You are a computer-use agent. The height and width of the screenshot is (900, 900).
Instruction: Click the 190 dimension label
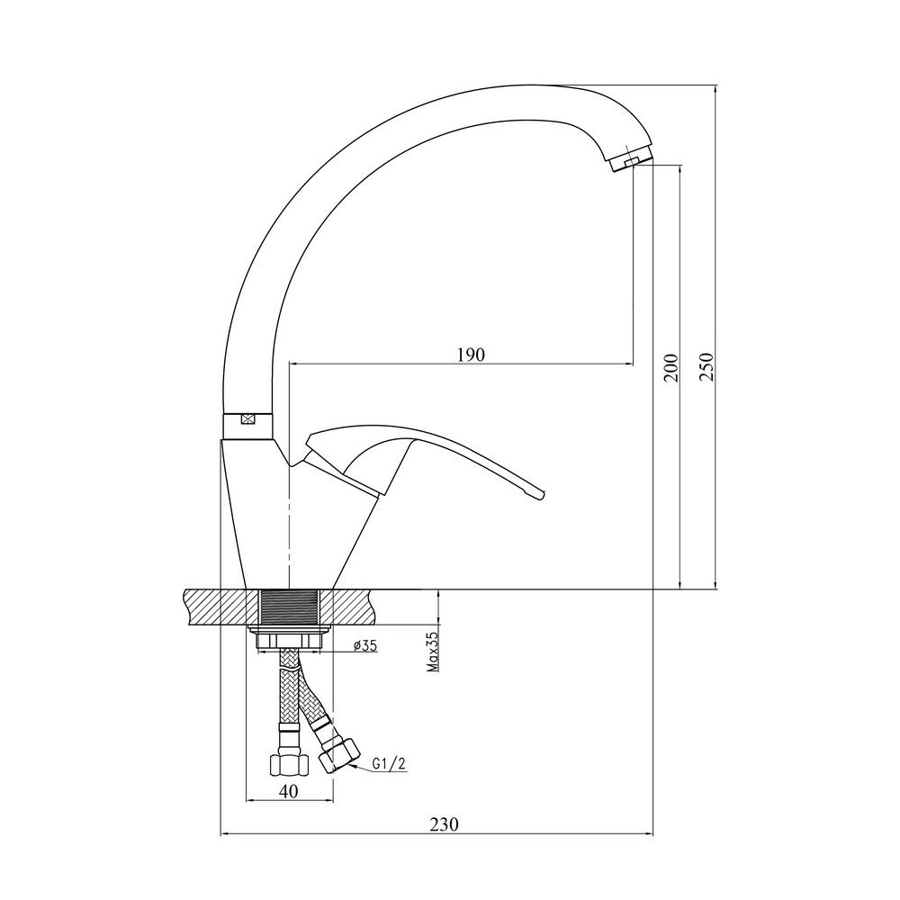click(471, 355)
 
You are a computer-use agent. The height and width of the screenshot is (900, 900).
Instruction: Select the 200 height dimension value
click(670, 368)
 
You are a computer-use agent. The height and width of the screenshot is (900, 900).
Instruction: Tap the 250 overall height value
click(706, 366)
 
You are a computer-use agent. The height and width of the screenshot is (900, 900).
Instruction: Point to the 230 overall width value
click(445, 824)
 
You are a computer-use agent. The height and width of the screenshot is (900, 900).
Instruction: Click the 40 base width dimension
click(289, 791)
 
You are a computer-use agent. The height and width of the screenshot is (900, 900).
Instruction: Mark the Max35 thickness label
click(432, 652)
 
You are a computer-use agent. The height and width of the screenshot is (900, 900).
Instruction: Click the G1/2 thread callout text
click(389, 764)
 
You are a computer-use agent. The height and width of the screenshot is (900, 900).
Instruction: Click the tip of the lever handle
click(541, 494)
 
